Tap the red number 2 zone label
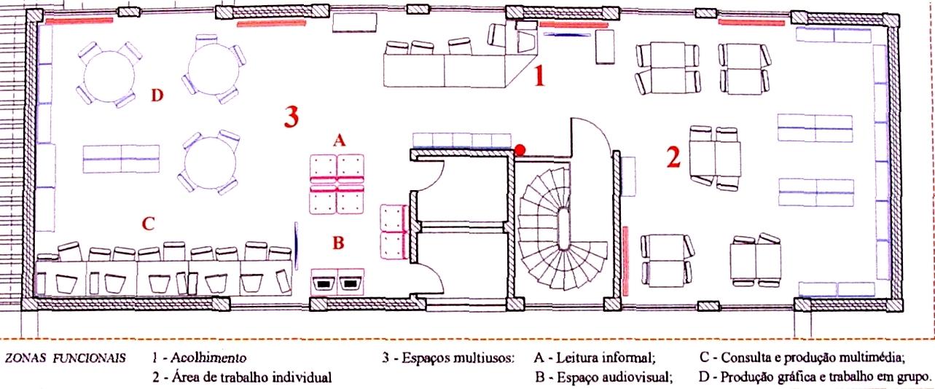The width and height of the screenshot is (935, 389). pyautogui.click(x=673, y=157)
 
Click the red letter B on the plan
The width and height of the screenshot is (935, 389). pyautogui.click(x=337, y=243)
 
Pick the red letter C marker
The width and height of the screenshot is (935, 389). pyautogui.click(x=148, y=224)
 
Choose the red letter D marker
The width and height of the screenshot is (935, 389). pyautogui.click(x=157, y=95)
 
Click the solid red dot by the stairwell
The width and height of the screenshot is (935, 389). pyautogui.click(x=520, y=149)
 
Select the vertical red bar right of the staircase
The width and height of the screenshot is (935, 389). pyautogui.click(x=625, y=254)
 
